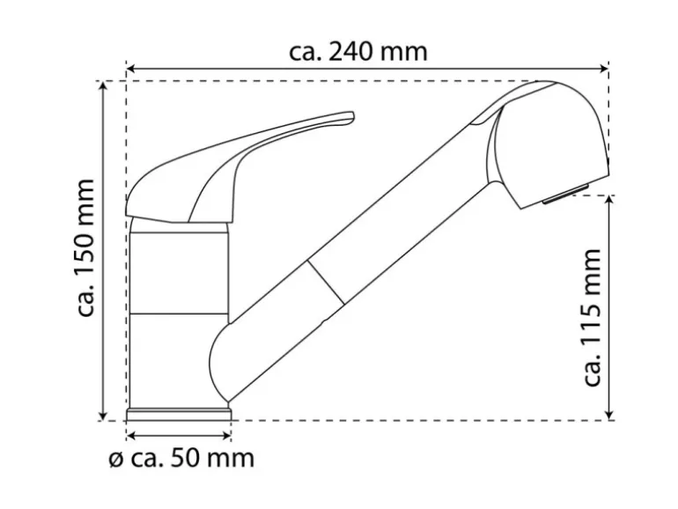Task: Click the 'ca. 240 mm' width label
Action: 358,52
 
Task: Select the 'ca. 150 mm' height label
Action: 85,247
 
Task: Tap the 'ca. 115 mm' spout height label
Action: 592,317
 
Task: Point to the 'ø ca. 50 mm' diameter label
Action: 181,458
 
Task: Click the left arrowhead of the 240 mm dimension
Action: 131,69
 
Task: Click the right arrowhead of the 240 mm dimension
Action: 604,69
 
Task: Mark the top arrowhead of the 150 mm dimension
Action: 103,85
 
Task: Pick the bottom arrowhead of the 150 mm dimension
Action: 103,415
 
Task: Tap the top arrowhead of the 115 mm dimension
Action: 609,200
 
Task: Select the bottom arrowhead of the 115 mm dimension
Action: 609,415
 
